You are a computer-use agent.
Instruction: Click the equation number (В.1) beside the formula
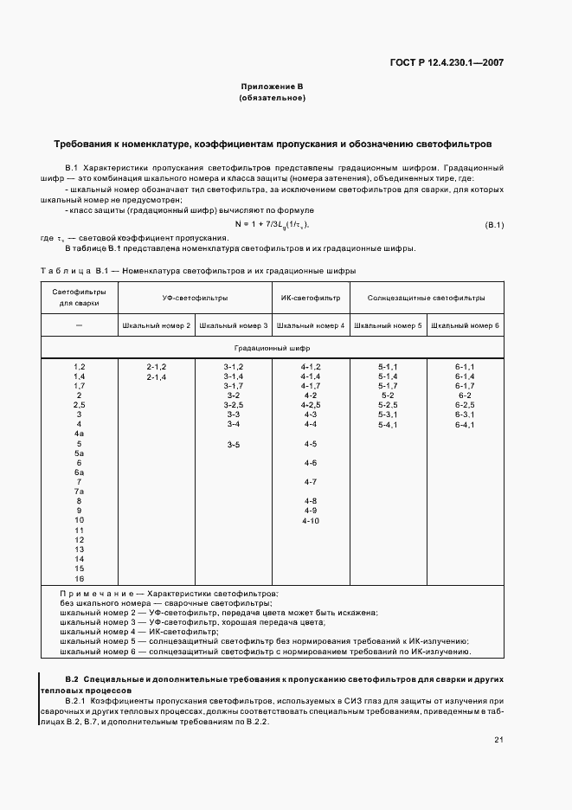pyautogui.click(x=494, y=225)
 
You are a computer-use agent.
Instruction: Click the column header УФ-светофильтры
pyautogui.click(x=195, y=298)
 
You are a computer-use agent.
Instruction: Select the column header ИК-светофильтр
pyautogui.click(x=311, y=298)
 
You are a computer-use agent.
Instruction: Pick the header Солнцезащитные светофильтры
pyautogui.click(x=426, y=298)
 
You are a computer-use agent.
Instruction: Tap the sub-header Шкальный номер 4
pyautogui.click(x=311, y=325)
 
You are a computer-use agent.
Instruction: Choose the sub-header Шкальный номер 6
pyautogui.click(x=465, y=325)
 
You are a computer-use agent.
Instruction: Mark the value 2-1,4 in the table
pyautogui.click(x=156, y=377)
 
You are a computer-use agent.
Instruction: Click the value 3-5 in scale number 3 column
pyautogui.click(x=233, y=444)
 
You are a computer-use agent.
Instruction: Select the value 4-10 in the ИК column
pyautogui.click(x=311, y=520)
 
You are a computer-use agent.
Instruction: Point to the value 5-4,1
pyautogui.click(x=388, y=425)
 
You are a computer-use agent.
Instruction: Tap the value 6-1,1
pyautogui.click(x=465, y=368)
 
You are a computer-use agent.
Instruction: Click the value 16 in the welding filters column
pyautogui.click(x=79, y=578)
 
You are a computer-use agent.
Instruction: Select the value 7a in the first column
pyautogui.click(x=79, y=492)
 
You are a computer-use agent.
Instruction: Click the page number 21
pyautogui.click(x=498, y=739)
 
